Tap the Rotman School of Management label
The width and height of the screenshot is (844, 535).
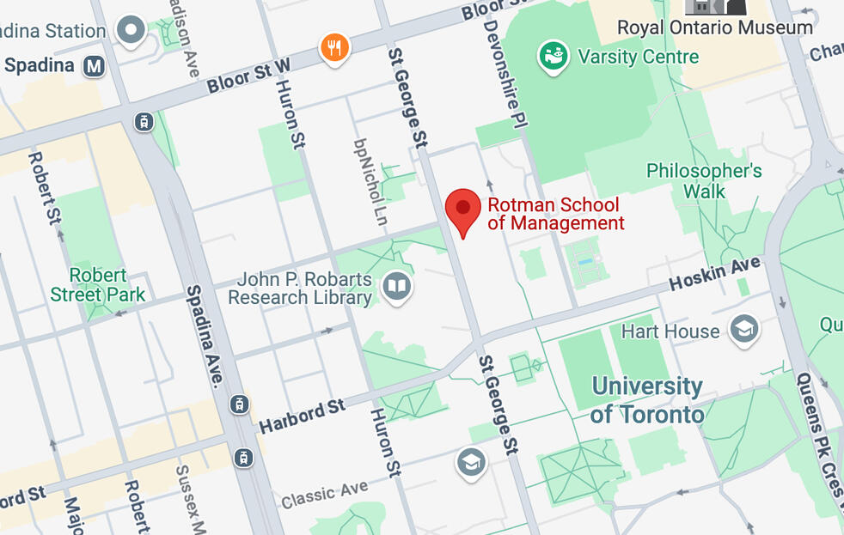click(555, 215)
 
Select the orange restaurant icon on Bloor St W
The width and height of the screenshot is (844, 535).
click(334, 48)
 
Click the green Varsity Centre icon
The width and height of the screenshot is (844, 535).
click(554, 58)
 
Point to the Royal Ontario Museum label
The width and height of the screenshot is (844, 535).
click(714, 27)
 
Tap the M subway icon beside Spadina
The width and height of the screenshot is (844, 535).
click(94, 66)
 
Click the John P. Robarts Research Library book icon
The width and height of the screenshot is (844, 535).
click(397, 287)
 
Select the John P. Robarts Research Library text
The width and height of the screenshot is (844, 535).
click(304, 289)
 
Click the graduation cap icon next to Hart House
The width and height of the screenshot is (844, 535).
click(743, 330)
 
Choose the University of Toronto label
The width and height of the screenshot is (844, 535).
click(647, 400)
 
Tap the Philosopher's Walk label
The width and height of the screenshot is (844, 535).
click(704, 181)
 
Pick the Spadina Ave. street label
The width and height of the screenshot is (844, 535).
click(206, 336)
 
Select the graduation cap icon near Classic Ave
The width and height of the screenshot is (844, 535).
click(471, 463)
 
